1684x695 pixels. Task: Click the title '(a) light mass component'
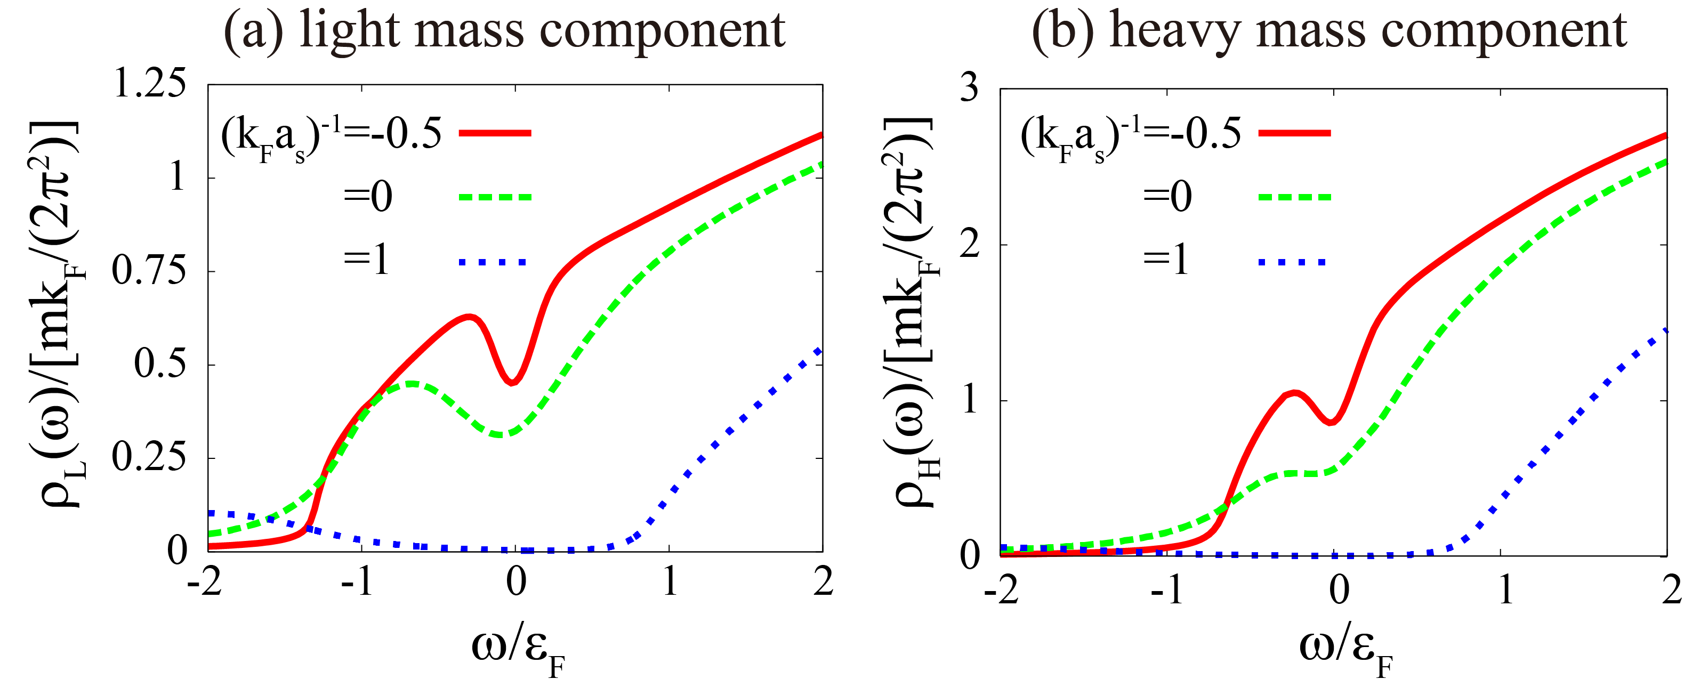tap(504, 31)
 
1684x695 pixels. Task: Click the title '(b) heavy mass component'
tap(1329, 31)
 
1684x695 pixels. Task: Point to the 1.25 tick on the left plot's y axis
tap(150, 85)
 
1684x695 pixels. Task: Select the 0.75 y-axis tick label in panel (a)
tap(150, 271)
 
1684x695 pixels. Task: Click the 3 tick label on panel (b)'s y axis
tap(970, 87)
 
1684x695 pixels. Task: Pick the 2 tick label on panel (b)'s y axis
tap(970, 245)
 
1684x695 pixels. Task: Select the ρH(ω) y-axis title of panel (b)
tap(912, 314)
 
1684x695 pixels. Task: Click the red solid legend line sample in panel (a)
tap(495, 133)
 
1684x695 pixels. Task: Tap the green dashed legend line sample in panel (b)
tap(1294, 196)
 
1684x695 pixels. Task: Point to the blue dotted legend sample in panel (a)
tap(494, 262)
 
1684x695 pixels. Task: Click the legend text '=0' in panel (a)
tap(368, 196)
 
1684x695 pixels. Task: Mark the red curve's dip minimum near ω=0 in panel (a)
tap(513, 383)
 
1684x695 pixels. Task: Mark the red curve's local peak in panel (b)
tap(1294, 392)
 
